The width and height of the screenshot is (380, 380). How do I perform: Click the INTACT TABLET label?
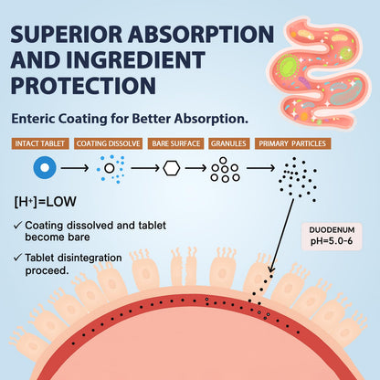click(x=40, y=143)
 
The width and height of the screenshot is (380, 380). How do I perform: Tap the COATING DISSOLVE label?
click(x=109, y=143)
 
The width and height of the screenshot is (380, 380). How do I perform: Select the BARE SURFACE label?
click(x=176, y=143)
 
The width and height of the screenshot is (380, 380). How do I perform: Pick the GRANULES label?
click(x=229, y=143)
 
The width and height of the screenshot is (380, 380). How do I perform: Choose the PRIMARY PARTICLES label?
click(x=292, y=143)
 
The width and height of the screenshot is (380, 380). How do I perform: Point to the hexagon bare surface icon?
click(x=172, y=168)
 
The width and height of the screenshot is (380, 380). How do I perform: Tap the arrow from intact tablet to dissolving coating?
click(x=75, y=168)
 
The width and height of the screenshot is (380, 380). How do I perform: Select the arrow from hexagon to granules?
click(x=195, y=168)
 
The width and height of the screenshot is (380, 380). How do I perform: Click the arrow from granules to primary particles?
click(x=260, y=168)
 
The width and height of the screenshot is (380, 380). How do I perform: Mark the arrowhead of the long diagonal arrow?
click(x=271, y=269)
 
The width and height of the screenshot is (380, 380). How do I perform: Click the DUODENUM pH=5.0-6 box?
click(x=332, y=237)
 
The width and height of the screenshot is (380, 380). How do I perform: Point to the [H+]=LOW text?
click(x=45, y=202)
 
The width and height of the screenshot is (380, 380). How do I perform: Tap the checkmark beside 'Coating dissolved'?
click(x=18, y=226)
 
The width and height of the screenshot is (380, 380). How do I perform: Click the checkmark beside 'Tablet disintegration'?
click(x=18, y=258)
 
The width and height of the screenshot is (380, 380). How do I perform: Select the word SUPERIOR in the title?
click(x=66, y=34)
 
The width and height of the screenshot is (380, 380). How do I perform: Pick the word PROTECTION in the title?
click(x=83, y=85)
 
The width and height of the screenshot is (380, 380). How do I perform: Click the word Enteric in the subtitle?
click(x=33, y=119)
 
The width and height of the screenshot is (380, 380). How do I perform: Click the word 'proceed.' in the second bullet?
click(x=47, y=270)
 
